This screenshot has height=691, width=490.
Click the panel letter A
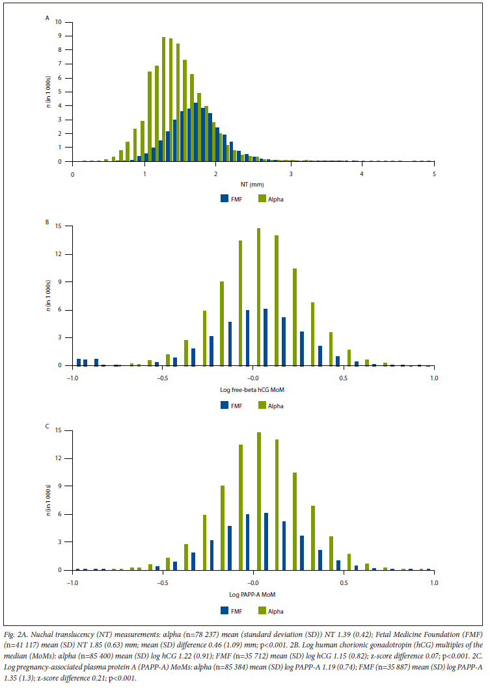[x=47, y=18]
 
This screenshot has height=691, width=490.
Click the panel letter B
[x=47, y=222]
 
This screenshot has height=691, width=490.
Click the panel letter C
[x=47, y=426]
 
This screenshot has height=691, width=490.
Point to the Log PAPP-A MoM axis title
[x=253, y=595]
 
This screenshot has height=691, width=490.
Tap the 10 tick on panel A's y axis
[x=59, y=22]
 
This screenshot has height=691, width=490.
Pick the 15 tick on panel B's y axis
[x=59, y=226]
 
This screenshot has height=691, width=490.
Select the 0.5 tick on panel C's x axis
[x=343, y=582]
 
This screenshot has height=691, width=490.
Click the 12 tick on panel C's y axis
[x=59, y=458]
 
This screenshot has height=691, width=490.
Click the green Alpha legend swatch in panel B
[x=263, y=405]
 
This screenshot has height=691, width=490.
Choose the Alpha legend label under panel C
[x=276, y=610]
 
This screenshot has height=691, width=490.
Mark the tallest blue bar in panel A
[x=195, y=132]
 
